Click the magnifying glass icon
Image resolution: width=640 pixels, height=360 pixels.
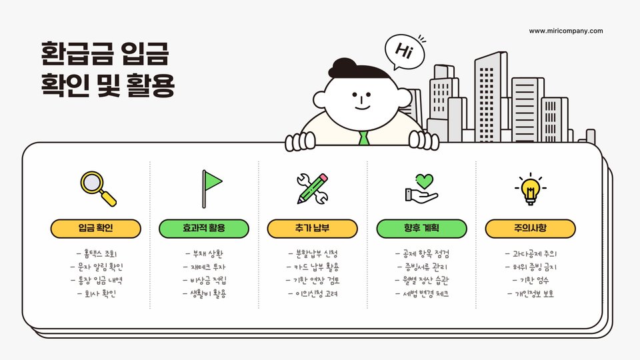point(97,188)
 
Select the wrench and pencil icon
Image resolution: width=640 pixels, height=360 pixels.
point(313,188)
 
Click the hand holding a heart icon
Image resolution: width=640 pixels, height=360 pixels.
point(421,188)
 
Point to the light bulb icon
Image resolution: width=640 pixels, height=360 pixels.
point(530,188)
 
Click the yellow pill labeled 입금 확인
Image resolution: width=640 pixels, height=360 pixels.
point(95,229)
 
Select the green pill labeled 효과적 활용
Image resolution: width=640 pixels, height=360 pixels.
point(204,229)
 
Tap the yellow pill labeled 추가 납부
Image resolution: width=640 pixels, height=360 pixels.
point(313,229)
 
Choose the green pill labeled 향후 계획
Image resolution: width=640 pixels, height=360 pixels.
point(421,229)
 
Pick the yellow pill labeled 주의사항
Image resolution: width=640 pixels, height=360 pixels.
point(530,229)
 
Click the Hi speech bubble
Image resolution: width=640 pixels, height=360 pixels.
point(404,51)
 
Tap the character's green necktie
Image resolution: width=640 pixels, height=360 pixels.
point(363,139)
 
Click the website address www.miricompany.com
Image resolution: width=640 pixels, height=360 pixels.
point(565,31)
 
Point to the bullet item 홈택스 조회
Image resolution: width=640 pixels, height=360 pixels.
point(96,254)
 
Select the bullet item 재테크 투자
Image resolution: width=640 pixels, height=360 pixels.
point(204,267)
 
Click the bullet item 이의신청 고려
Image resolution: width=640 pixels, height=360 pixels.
point(313,293)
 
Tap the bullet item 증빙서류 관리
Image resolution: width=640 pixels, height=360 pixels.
point(421,267)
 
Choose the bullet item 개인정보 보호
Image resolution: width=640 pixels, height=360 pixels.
point(530,293)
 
